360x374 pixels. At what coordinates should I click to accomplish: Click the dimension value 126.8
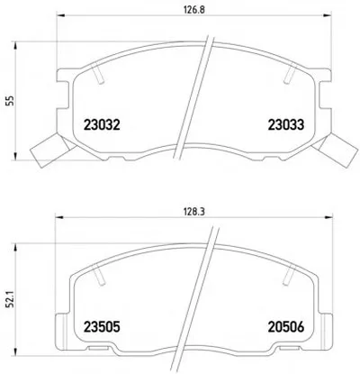(193, 10)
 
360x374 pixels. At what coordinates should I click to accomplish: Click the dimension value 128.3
(193, 212)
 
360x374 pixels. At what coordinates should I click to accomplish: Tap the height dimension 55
(11, 101)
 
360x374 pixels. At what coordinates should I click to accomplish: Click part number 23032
(102, 124)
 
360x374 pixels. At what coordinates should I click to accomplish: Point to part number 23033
(286, 124)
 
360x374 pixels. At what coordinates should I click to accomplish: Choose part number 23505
(102, 327)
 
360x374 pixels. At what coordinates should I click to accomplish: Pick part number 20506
(286, 327)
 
